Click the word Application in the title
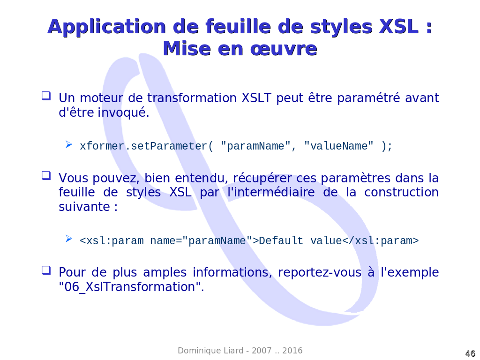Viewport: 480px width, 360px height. click(x=106, y=27)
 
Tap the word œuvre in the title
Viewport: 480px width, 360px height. click(x=283, y=49)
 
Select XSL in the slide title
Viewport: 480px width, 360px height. click(x=398, y=26)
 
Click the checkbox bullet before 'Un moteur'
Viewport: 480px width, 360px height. click(x=46, y=96)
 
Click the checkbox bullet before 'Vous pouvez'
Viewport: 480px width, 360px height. click(x=46, y=176)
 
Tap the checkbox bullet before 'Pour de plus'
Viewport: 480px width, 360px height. click(x=46, y=270)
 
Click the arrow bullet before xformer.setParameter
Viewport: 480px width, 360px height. click(x=68, y=144)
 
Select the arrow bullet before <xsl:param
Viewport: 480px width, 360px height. click(x=68, y=239)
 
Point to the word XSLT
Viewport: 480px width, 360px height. click(x=256, y=98)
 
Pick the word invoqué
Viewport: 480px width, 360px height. click(x=123, y=112)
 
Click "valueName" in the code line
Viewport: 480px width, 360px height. click(x=339, y=146)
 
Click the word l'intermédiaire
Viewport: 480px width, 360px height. click(x=271, y=192)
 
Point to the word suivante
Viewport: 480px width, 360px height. click(x=84, y=207)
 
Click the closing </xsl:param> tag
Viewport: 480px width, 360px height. click(x=380, y=240)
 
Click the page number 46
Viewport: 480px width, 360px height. click(x=470, y=353)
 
